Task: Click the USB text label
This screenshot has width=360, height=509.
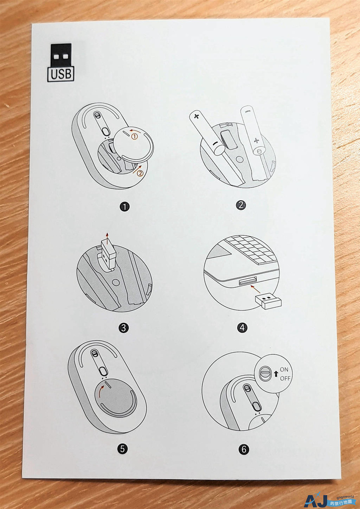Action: [61, 74]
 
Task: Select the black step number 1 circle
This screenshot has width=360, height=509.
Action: [124, 206]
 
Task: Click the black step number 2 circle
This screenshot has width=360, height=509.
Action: [241, 205]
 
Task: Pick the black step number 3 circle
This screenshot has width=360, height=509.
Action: [123, 328]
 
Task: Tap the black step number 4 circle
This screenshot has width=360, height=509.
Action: [242, 327]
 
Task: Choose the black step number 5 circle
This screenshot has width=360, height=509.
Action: [122, 449]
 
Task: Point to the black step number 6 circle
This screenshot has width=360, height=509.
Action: [244, 449]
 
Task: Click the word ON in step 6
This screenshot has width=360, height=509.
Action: [284, 369]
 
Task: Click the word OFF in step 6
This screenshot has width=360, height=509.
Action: [285, 378]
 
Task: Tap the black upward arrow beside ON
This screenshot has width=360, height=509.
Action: [276, 374]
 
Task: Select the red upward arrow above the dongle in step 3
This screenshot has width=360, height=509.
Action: [107, 236]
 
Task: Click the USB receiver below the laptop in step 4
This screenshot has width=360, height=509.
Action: [268, 301]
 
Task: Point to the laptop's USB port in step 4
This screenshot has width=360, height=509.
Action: [247, 281]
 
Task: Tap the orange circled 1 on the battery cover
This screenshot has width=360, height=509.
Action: [134, 137]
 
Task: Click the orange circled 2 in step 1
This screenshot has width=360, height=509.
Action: [140, 173]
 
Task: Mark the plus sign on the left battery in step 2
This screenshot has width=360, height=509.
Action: [196, 116]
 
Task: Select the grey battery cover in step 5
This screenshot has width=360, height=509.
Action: [116, 399]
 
